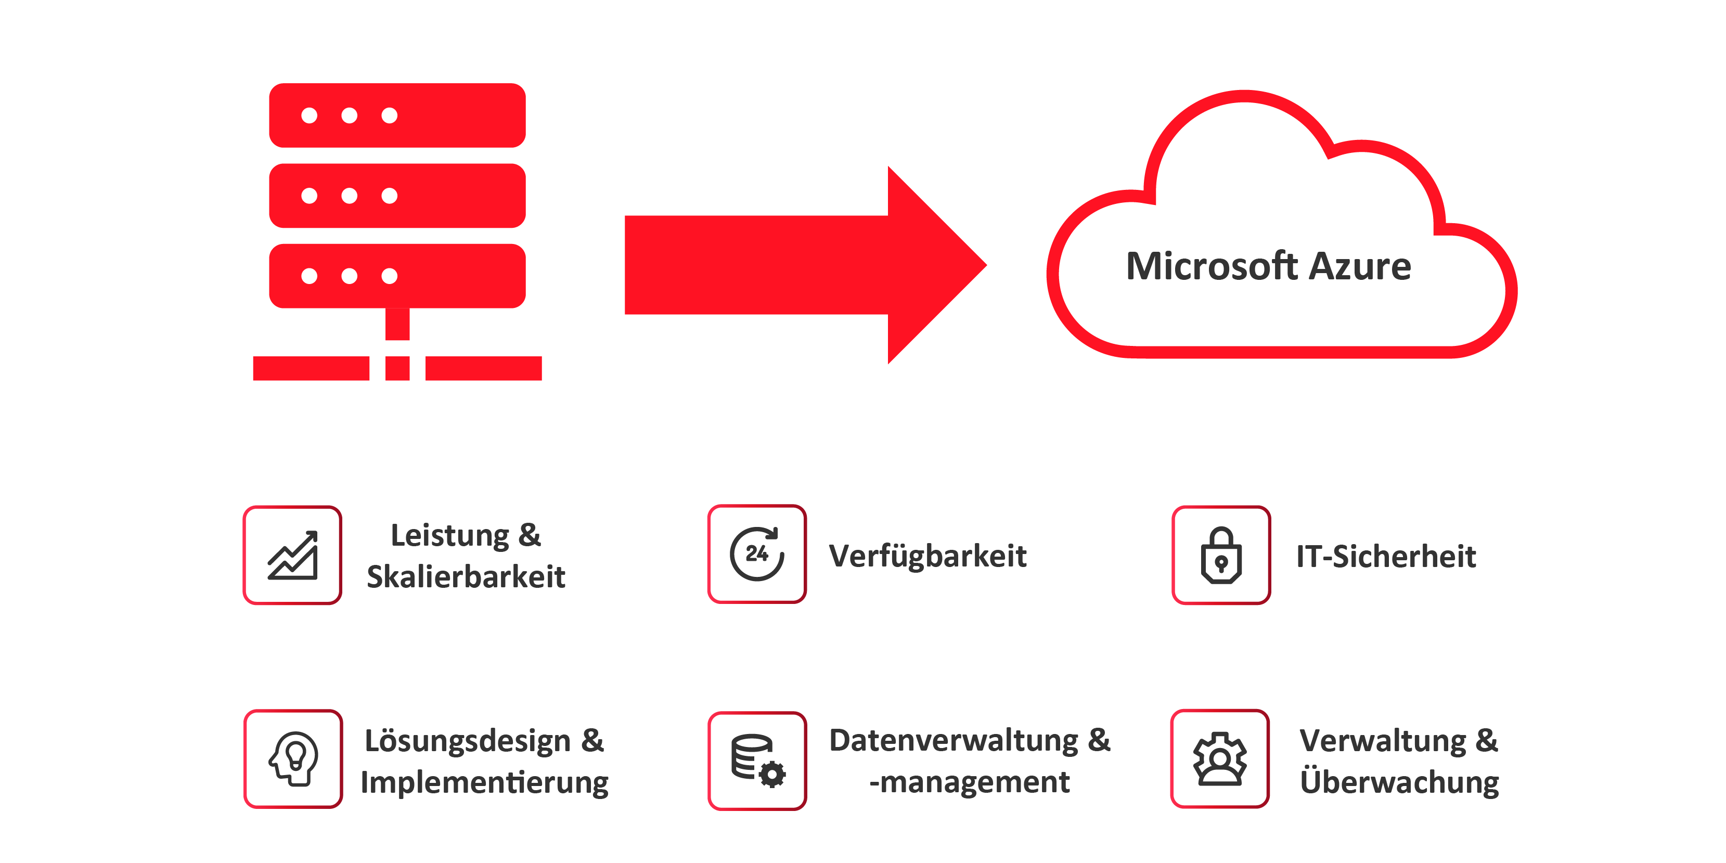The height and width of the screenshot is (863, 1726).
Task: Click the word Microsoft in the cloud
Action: coord(1212,267)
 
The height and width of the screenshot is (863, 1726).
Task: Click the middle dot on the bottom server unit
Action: coord(349,276)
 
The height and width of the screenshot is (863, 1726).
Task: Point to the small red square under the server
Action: coord(397,368)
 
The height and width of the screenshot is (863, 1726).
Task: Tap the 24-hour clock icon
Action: coord(757,554)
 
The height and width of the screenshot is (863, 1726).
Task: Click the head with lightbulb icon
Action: coord(293,758)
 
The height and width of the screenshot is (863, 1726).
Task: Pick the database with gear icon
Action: coord(757,761)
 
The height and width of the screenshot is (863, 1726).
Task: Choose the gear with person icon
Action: coord(1219,758)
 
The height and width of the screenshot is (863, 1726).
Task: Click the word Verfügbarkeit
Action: coord(928,556)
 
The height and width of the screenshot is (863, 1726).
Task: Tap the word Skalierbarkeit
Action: coord(466,577)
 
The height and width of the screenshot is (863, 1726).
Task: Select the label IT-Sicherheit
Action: coord(1386,557)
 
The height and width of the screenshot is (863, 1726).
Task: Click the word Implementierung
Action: coord(484,782)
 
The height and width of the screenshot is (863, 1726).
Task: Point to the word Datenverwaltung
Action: coord(954,740)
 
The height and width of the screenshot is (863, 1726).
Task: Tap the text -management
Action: coord(969,782)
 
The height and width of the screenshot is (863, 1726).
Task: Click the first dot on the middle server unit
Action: coord(309,196)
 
